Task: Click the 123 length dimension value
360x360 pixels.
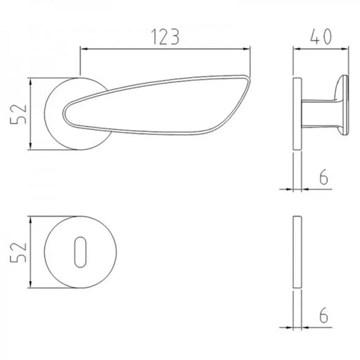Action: click(165, 37)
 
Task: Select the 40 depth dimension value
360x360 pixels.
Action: click(321, 37)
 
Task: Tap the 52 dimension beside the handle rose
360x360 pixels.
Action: click(18, 114)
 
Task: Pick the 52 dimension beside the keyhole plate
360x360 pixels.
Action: click(18, 252)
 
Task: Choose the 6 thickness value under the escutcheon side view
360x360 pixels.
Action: click(323, 315)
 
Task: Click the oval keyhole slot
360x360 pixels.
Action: click(80, 252)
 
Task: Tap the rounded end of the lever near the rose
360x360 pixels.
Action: click(64, 113)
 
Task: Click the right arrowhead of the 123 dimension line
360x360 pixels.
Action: click(247, 49)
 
